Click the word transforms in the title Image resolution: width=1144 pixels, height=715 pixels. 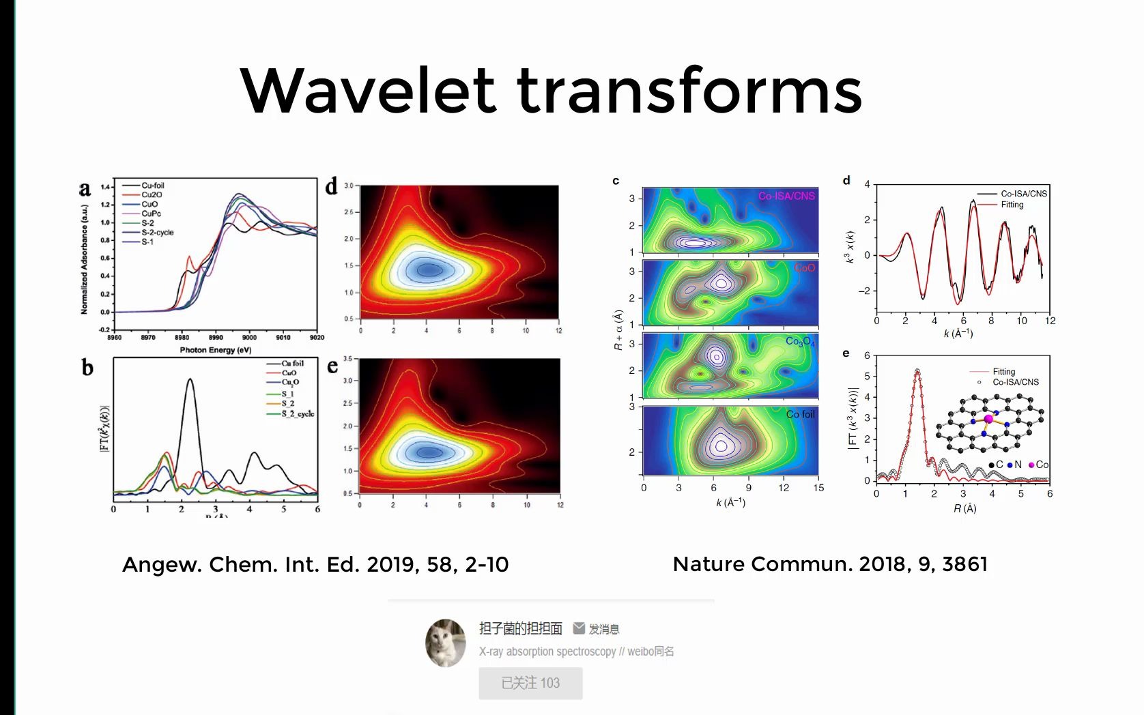(689, 91)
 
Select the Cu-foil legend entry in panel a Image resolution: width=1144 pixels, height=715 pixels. (152, 186)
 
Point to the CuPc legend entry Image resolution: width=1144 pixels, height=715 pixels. (151, 214)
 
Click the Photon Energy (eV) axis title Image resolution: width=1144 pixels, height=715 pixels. (216, 350)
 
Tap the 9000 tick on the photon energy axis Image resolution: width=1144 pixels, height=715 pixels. (249, 337)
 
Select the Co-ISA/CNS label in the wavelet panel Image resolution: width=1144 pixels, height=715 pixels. (786, 196)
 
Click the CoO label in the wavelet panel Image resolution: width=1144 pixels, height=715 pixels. (805, 268)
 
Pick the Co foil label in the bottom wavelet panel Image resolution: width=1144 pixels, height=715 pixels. (800, 414)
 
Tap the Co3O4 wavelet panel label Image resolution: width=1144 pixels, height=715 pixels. (800, 341)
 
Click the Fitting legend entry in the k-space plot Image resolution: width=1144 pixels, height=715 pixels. (1012, 205)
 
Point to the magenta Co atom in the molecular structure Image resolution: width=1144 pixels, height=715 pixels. (988, 419)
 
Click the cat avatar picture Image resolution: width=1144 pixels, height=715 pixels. (445, 643)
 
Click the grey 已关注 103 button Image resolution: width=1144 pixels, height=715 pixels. (530, 683)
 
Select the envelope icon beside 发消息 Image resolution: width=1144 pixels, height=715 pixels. (579, 628)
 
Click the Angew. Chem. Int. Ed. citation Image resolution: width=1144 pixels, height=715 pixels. (315, 565)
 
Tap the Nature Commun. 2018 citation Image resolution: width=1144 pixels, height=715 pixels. (830, 564)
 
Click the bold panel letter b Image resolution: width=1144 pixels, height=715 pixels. (87, 368)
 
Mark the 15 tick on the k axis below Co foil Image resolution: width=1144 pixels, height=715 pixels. (818, 488)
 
